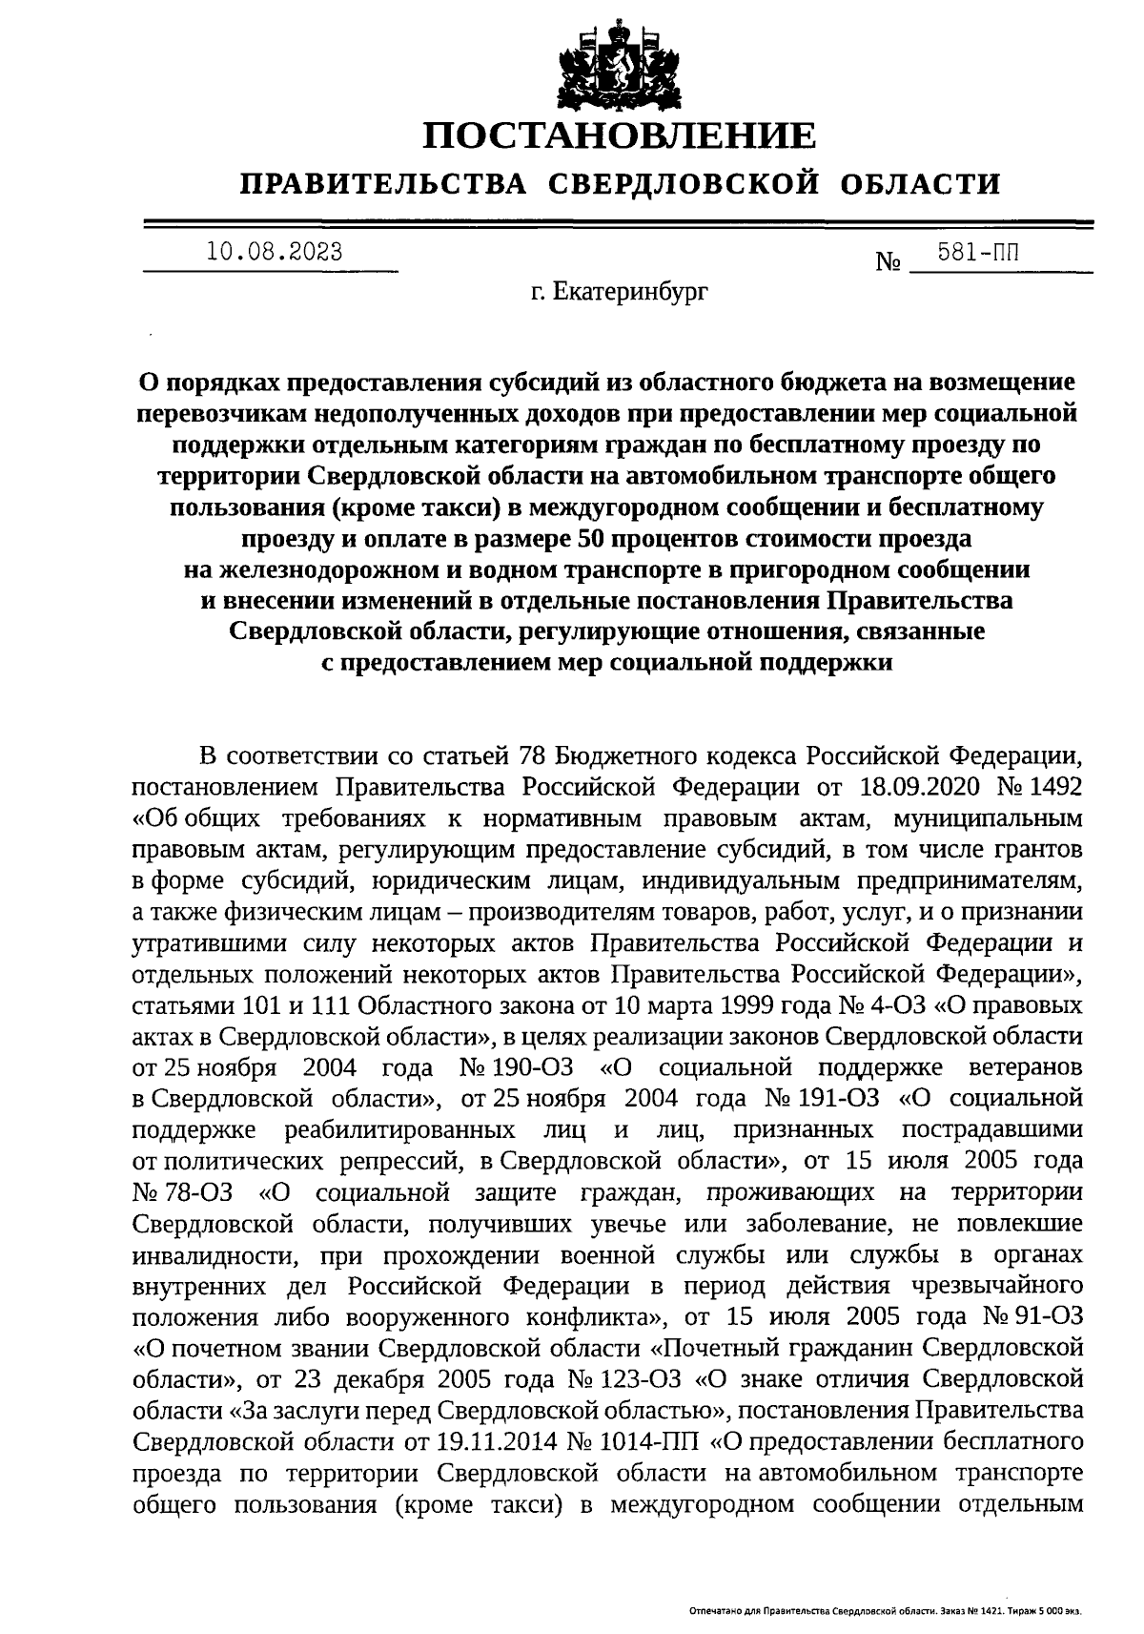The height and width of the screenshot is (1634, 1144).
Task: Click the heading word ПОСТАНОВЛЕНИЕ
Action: click(620, 136)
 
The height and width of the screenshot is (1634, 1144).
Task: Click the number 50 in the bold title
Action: click(594, 538)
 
